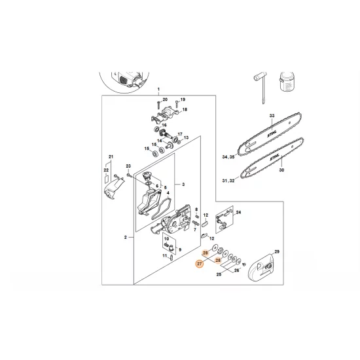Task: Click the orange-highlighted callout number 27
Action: tap(199, 264)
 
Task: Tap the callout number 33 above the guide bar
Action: tap(272, 116)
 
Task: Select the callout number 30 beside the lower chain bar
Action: tap(281, 170)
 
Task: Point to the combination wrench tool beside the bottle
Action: tap(261, 88)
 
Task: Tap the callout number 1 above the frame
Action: tap(158, 89)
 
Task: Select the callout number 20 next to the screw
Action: tap(165, 99)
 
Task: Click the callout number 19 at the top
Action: tap(183, 99)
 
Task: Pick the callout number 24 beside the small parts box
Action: tap(238, 212)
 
